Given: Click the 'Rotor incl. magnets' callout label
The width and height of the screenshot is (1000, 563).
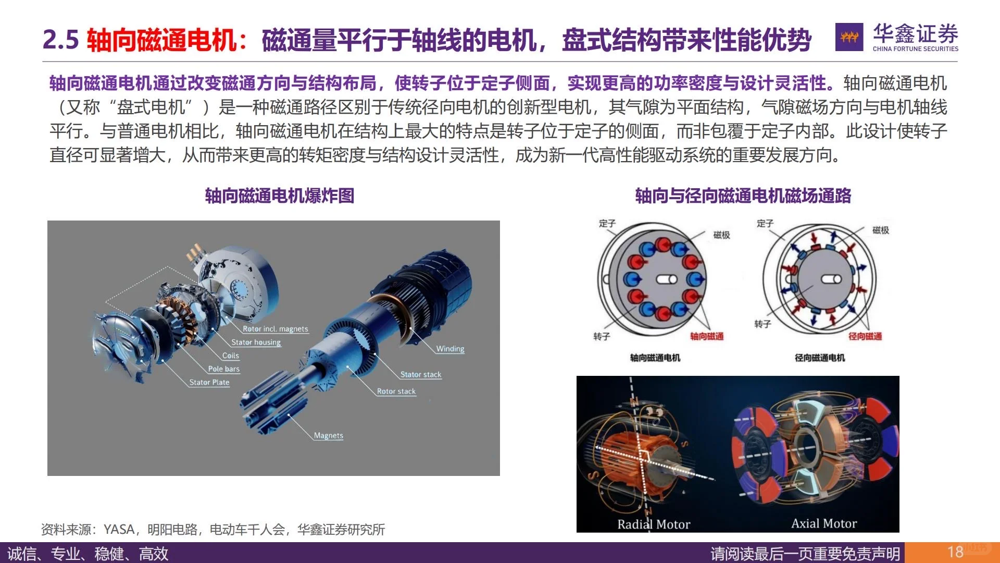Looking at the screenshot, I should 275,329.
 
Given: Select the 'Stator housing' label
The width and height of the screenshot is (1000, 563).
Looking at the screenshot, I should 256,342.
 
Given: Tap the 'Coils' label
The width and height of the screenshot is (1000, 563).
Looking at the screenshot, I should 230,356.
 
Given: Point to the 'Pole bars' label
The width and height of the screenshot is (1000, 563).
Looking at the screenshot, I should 223,369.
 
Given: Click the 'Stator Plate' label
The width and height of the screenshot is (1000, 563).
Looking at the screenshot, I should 209,383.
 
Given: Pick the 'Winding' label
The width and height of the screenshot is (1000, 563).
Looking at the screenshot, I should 450,349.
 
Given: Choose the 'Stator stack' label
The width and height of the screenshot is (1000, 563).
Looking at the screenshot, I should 420,375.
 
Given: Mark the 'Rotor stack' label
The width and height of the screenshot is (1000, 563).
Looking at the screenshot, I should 396,391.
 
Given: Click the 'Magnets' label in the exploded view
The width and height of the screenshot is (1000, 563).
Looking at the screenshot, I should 328,436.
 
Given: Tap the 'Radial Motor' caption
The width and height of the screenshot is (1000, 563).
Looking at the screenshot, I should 653,524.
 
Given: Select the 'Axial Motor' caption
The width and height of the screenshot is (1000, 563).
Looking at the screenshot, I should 823,524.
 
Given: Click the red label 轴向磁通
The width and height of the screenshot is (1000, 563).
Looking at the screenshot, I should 707,337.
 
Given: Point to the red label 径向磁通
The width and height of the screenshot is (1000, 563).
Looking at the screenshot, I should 865,337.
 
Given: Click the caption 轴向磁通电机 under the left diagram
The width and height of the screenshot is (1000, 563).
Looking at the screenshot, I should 655,358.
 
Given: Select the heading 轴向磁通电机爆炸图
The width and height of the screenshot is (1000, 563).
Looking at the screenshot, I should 279,196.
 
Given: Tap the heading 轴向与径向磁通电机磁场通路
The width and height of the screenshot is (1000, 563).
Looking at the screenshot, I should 743,196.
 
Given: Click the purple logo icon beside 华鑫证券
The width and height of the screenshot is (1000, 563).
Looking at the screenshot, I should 849,37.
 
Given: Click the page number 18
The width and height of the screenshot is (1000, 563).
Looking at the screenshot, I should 955,552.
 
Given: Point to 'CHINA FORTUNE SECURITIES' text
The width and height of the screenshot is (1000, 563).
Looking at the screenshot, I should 915,49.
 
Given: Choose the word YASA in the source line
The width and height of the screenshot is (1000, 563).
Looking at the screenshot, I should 119,530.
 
